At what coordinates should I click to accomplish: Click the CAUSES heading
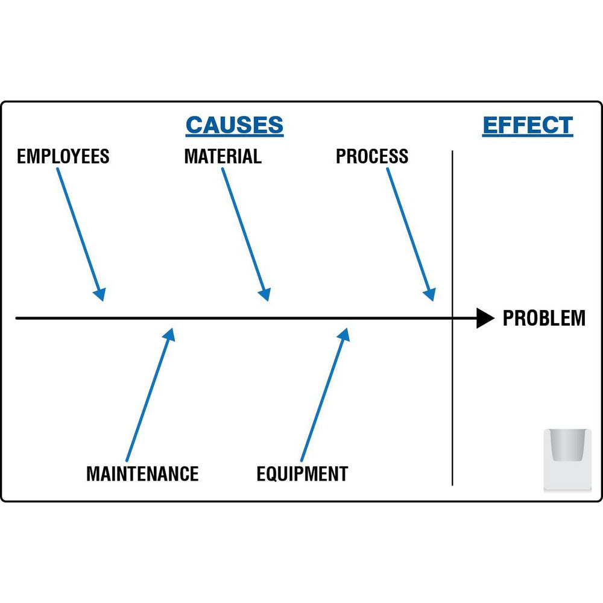(234, 125)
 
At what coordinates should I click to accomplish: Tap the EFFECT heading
(528, 125)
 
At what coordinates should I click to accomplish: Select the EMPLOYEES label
(63, 157)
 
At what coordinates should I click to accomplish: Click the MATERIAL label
(223, 157)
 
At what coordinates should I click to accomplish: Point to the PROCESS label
(371, 157)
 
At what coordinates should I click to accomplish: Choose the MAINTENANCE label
(142, 474)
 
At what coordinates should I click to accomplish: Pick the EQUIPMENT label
(302, 474)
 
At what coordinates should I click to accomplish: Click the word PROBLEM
(543, 318)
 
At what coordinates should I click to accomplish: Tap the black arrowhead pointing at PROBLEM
(485, 318)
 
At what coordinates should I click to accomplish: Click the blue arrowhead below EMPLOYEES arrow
(100, 294)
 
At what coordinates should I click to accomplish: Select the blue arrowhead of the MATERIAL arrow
(265, 294)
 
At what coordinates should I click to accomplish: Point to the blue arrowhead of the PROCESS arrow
(429, 294)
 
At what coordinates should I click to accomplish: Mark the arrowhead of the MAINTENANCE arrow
(169, 335)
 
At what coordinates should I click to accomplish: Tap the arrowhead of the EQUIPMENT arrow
(344, 335)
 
